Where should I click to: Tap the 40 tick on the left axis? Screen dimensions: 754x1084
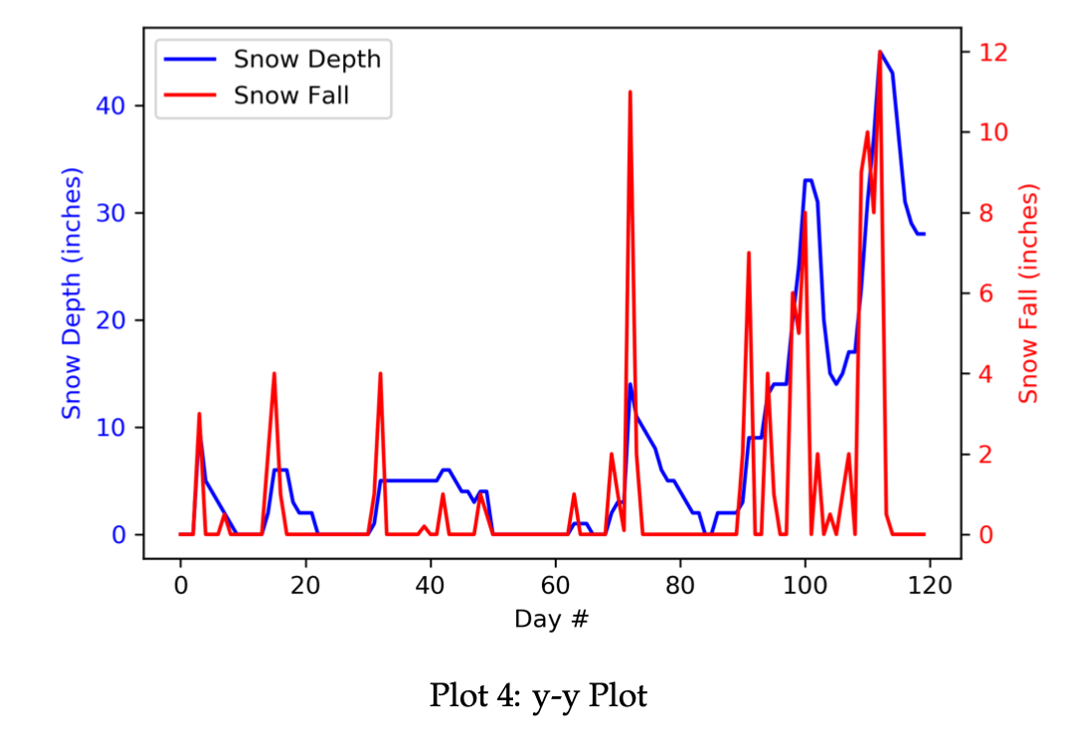click(108, 105)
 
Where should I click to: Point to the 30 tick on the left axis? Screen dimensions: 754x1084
click(108, 213)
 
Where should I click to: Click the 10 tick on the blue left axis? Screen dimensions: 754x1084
click(108, 428)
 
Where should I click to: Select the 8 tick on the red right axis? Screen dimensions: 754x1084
click(988, 213)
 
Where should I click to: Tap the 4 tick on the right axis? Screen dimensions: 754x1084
click(988, 374)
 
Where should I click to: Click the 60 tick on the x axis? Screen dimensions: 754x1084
click(555, 584)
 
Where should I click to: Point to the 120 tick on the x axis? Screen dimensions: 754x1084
click(930, 584)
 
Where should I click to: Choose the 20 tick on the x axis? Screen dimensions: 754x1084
click(305, 584)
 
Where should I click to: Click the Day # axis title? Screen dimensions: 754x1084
click(551, 619)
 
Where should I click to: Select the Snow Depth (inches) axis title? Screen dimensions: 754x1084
click(72, 293)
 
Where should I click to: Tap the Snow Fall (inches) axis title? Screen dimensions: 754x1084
click(1029, 293)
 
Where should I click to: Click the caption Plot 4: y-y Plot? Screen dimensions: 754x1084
click(538, 696)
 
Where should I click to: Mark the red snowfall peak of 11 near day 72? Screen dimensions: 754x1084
click(630, 93)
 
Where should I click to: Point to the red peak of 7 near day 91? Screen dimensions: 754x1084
click(748, 254)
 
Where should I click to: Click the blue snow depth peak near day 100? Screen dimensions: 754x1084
click(809, 181)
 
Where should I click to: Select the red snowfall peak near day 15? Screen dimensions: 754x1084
click(273, 374)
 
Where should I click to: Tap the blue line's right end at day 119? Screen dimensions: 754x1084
click(924, 234)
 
